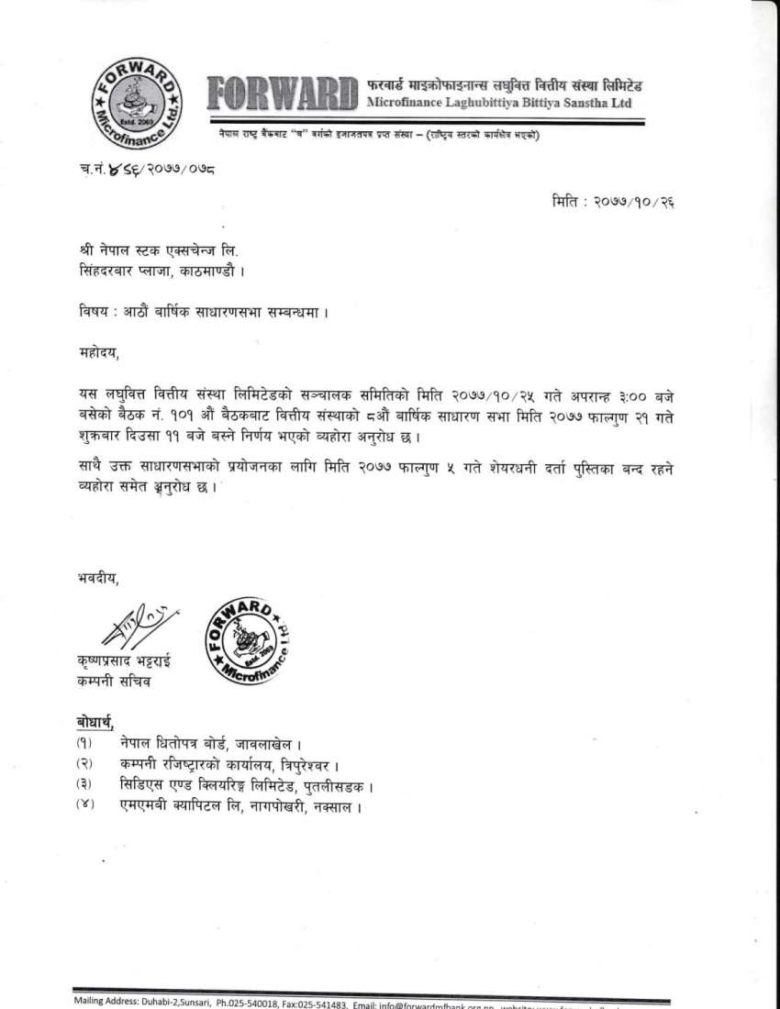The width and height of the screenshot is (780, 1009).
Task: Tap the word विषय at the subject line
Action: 92,310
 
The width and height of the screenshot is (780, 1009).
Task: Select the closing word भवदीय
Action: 97,577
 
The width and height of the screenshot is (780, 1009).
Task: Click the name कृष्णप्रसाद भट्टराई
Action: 124,662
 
